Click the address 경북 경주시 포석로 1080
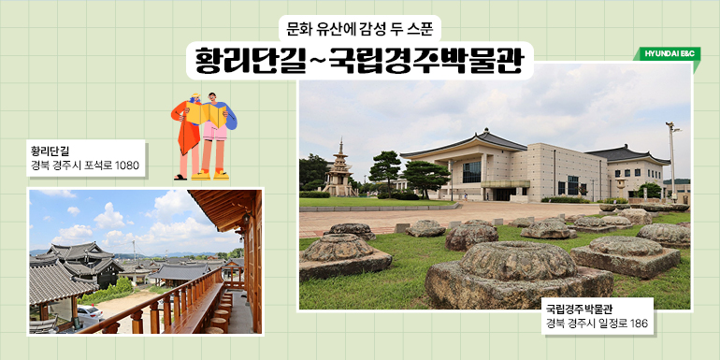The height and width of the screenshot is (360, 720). coord(84,166)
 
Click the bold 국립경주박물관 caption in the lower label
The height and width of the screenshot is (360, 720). coord(585,307)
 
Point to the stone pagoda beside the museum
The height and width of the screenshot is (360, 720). coord(338,171)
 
